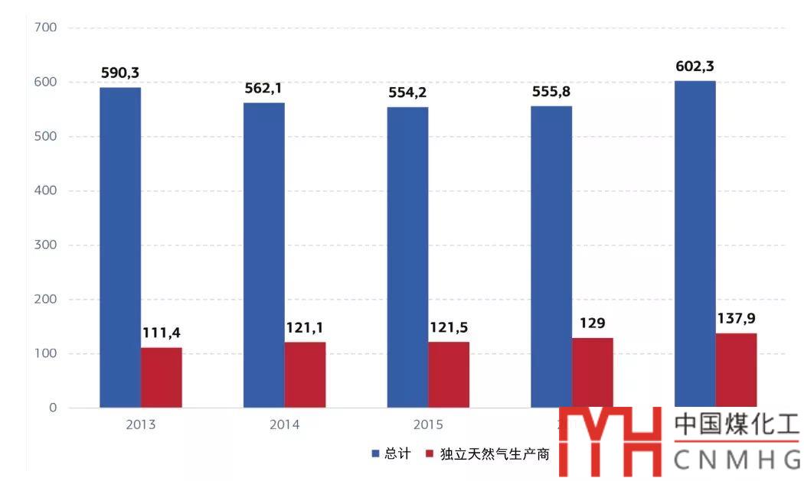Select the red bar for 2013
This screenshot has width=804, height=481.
click(x=162, y=377)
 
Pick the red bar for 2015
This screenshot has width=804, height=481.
click(x=449, y=374)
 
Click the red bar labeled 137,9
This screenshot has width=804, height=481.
click(x=736, y=370)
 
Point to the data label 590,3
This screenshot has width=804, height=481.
click(x=120, y=73)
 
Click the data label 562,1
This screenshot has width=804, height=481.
click(x=263, y=88)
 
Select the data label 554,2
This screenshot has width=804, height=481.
click(x=407, y=93)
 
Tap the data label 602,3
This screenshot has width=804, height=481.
click(x=695, y=67)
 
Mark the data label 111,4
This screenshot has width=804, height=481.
click(x=162, y=333)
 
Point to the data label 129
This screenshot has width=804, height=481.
click(x=592, y=323)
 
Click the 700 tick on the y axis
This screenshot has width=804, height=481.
click(x=46, y=28)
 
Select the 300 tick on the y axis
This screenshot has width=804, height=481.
click(x=46, y=245)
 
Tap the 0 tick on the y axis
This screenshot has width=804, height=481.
click(x=52, y=408)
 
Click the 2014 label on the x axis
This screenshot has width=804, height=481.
click(x=284, y=425)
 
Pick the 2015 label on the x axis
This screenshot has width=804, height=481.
click(x=428, y=425)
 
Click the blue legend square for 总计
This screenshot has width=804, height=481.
click(x=376, y=453)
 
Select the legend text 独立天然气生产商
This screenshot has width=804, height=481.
click(x=495, y=453)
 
